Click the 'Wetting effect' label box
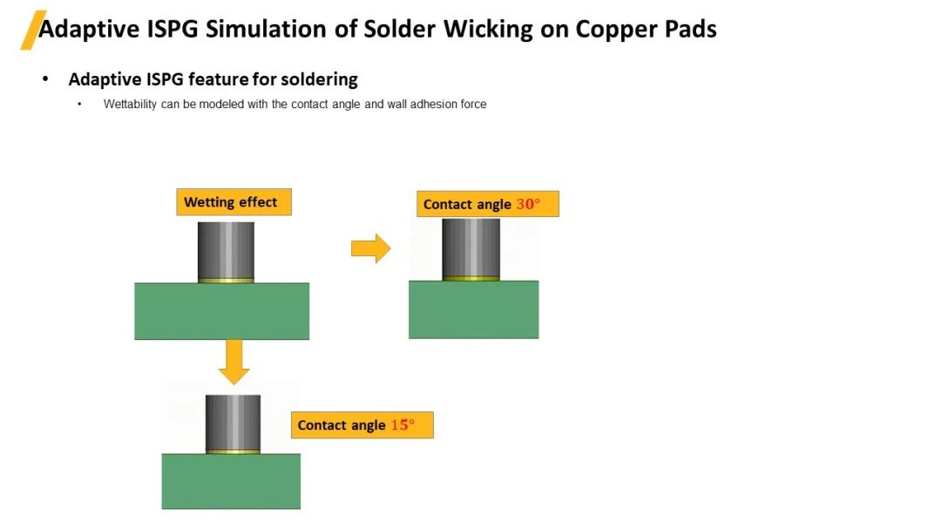233,202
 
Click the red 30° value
528,204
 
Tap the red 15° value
403,425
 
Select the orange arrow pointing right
370,248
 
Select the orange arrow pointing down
234,362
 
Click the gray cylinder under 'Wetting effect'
226,249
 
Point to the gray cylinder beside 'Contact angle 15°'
233,422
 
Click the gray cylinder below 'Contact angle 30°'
471,247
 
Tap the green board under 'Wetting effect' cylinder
221,310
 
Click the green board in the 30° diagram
473,309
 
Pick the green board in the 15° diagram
231,481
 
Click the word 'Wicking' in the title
484,29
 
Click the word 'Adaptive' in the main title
89,29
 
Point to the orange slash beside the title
32,30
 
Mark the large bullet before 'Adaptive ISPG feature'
45,79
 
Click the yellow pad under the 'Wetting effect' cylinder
226,280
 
